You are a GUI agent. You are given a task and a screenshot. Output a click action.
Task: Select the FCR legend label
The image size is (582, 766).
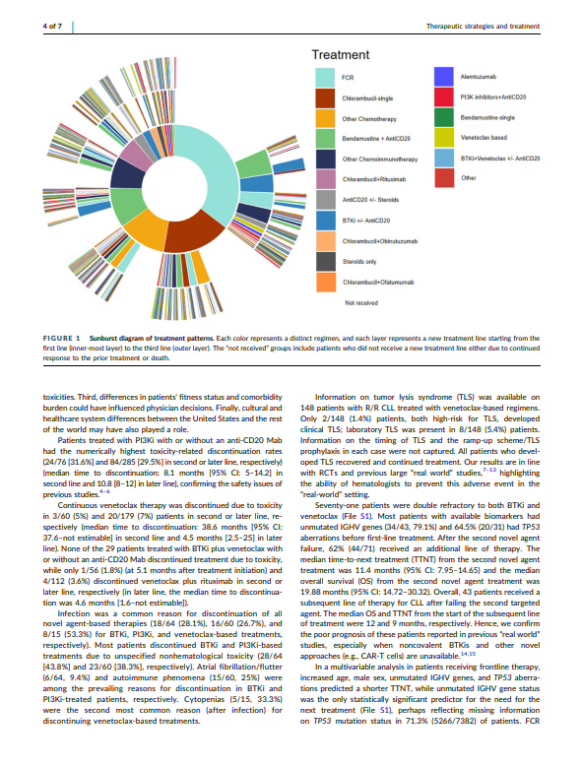click(x=348, y=75)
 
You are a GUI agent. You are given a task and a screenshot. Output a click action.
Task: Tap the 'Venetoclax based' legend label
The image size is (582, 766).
click(x=482, y=138)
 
